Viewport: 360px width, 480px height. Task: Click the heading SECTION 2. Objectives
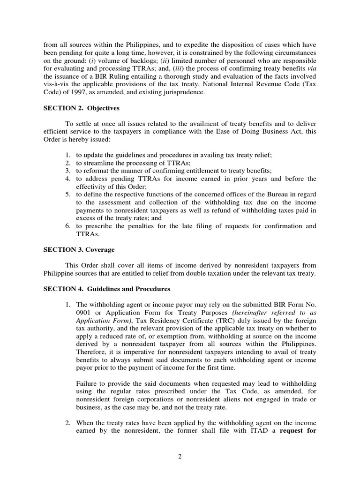pyautogui.click(x=82, y=108)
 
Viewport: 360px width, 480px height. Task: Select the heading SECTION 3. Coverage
pyautogui.click(x=79, y=249)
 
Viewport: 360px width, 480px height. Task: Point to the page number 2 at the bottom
pyautogui.click(x=180, y=458)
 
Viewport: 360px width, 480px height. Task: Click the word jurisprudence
pyautogui.click(x=182, y=93)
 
